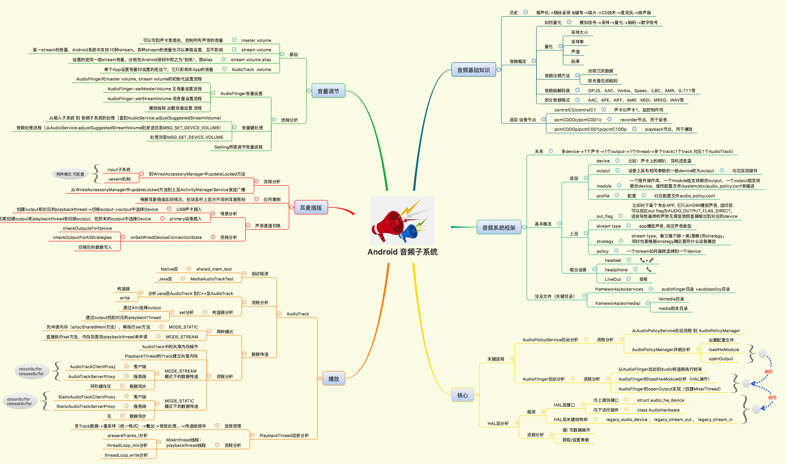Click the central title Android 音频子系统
402,252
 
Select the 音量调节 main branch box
328,91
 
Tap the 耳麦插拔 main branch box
311,208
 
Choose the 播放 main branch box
333,379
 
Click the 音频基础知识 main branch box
473,70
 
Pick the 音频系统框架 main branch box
499,228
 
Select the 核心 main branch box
462,395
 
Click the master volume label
256,40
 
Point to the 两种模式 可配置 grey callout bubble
70,174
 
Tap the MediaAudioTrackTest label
212,279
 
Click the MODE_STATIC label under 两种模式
183,327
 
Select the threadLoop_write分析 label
126,455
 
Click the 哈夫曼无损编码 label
602,81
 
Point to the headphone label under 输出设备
616,270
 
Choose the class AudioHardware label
658,410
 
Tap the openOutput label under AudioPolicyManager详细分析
720,359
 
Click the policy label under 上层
602,251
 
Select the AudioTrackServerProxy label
92,377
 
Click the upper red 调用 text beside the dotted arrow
768,372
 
